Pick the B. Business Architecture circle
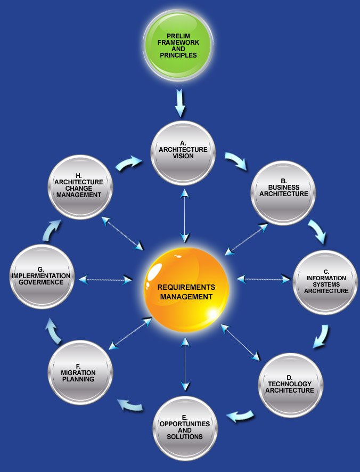click(x=283, y=192)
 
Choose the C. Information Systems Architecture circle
click(x=325, y=282)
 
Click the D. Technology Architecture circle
click(x=290, y=385)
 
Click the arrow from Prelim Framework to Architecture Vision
click(x=180, y=103)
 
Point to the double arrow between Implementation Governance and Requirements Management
click(x=105, y=279)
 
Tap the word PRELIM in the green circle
click(x=178, y=36)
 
